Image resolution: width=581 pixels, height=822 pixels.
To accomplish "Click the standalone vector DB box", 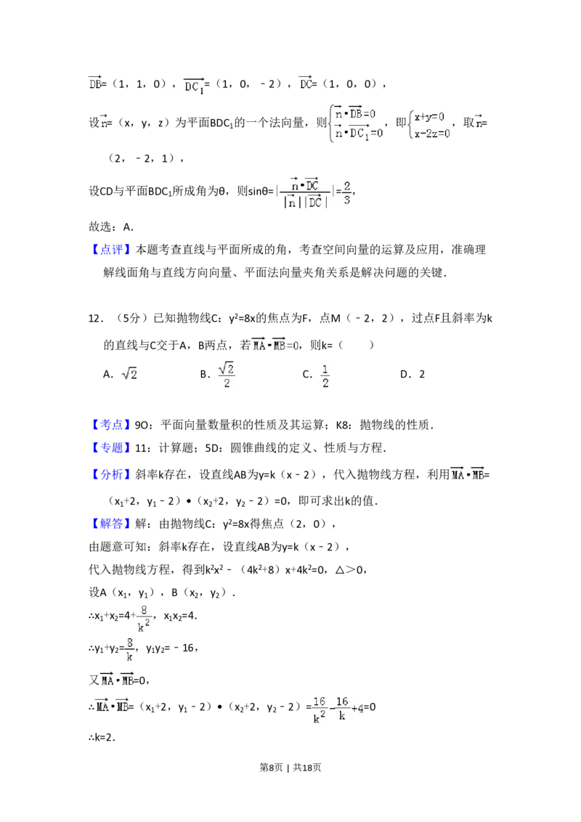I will (96, 84).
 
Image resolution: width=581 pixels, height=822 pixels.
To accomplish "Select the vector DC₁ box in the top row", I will (195, 87).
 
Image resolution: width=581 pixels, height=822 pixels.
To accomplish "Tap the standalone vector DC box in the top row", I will (306, 84).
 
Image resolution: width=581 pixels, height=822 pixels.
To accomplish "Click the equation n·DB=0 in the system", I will (357, 113).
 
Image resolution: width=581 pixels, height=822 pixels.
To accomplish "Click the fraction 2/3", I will (348, 192).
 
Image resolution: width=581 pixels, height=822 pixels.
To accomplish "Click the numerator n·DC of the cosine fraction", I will (305, 184).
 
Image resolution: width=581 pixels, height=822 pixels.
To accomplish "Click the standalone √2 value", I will (129, 375).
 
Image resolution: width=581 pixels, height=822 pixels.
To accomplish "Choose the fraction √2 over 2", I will (227, 375).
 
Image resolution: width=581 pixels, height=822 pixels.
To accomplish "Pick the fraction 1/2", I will (325, 375).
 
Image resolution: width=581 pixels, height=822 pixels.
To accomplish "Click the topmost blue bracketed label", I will (112, 249).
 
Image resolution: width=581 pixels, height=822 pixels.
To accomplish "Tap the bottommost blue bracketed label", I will (112, 524).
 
